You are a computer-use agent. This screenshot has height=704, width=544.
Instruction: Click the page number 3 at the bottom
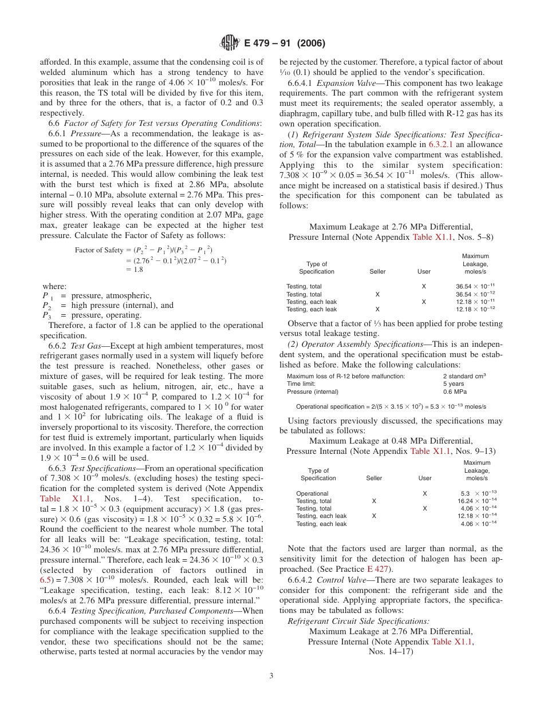pyautogui.click(x=271, y=676)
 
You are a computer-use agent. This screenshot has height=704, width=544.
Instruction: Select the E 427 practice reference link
pyautogui.click(x=379, y=569)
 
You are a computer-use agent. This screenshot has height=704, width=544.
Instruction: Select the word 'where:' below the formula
pyautogui.click(x=54, y=286)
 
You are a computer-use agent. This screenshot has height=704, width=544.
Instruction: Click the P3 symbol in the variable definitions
pyautogui.click(x=46, y=315)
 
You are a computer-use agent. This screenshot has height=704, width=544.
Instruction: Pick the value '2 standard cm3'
pyautogui.click(x=464, y=376)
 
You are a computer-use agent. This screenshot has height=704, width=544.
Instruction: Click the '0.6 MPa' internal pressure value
pyautogui.click(x=455, y=392)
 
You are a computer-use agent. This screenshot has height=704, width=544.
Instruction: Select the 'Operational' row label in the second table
pyautogui.click(x=312, y=493)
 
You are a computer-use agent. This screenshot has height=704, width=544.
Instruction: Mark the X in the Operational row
pyautogui.click(x=424, y=493)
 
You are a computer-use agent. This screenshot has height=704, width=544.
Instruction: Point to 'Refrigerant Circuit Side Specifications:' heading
pyautogui.click(x=358, y=621)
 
